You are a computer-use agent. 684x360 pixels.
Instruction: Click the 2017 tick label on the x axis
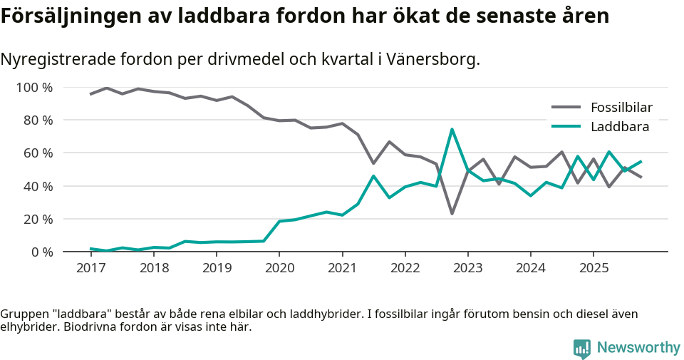(90, 268)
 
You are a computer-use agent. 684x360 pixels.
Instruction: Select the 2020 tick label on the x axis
(279, 268)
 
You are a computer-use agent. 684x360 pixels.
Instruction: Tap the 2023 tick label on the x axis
(467, 268)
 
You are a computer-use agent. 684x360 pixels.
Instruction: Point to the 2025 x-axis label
(594, 268)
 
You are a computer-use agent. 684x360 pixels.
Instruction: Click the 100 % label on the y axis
(34, 88)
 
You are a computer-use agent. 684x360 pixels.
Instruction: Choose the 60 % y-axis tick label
(37, 153)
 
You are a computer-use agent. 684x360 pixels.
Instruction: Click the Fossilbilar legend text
(621, 108)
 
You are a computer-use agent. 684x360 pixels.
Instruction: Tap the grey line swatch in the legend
(566, 108)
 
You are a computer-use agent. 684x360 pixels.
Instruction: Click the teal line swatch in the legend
(566, 127)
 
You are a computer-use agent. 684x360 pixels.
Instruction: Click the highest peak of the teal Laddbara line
(452, 129)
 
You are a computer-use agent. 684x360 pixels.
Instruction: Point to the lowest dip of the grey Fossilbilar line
(452, 214)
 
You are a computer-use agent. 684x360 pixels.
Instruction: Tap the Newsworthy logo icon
(581, 349)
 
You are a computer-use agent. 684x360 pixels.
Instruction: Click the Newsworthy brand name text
(638, 348)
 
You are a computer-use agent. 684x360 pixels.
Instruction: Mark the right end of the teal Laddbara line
(641, 161)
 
